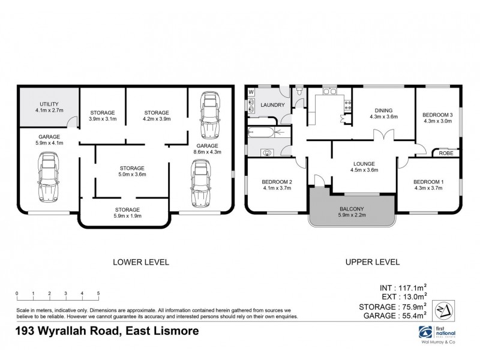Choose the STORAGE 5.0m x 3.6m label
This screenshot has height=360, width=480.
coord(131,171)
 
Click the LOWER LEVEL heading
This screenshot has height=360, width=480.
coord(141,262)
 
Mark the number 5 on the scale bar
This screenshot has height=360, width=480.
coord(98,293)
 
